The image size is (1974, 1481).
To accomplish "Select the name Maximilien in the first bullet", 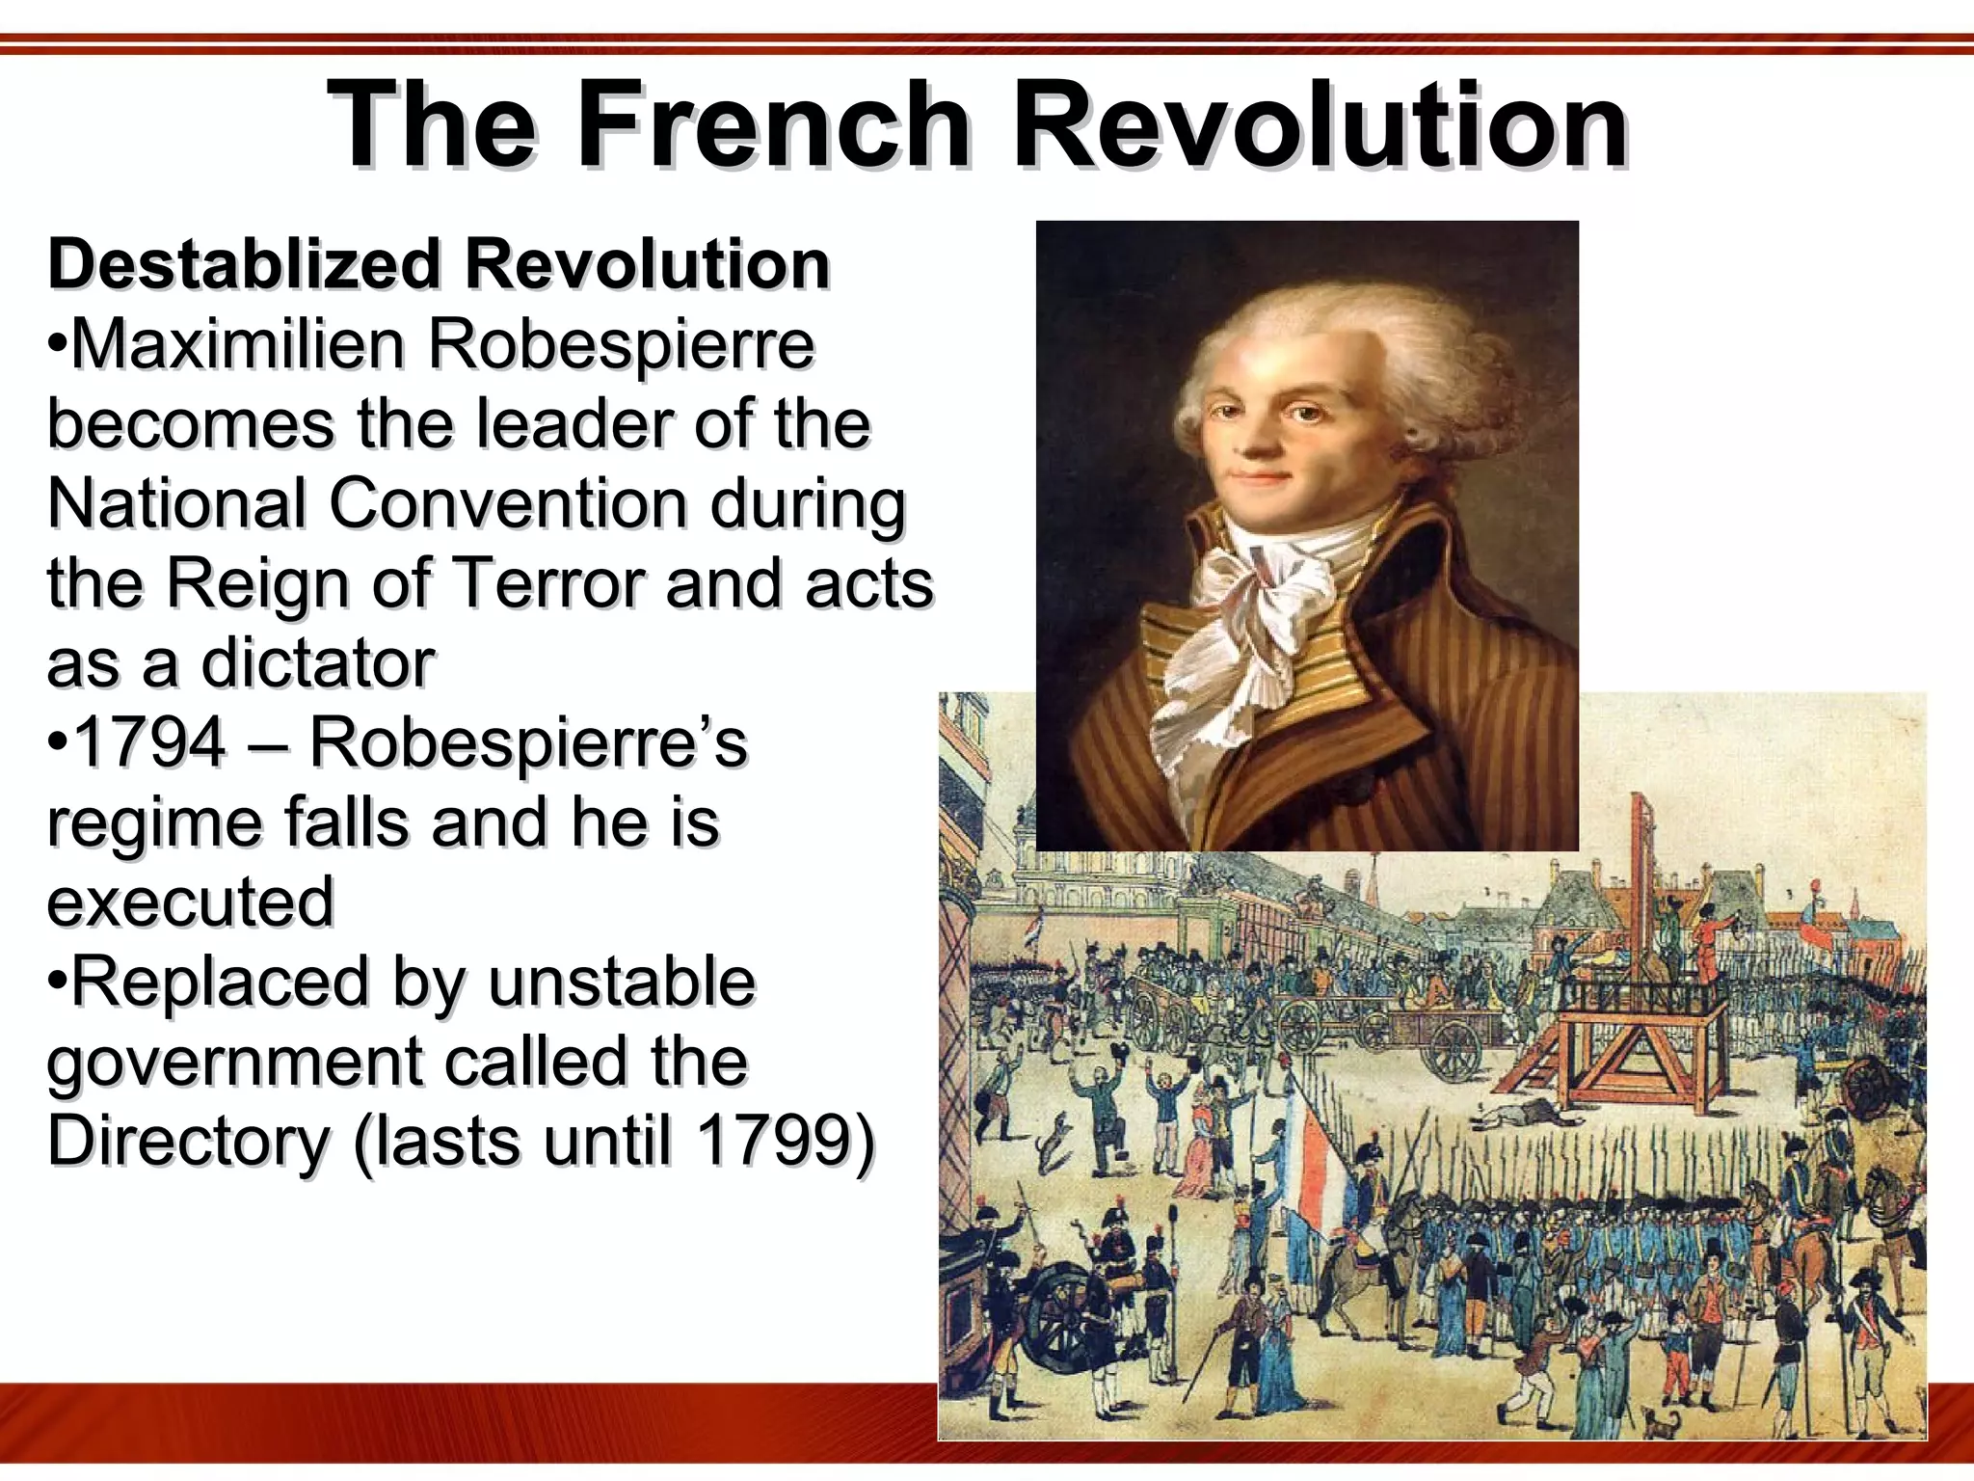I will (x=237, y=344).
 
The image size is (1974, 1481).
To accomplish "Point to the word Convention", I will (x=508, y=503).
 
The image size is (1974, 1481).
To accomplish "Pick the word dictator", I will (x=317, y=663).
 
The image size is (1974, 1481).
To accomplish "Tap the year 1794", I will (x=149, y=742).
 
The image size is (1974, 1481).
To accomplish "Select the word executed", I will (x=191, y=902).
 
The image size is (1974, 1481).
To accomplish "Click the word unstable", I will (x=622, y=982).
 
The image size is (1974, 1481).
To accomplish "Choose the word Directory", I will (x=189, y=1141).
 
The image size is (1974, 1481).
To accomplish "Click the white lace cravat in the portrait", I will (x=1253, y=617).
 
